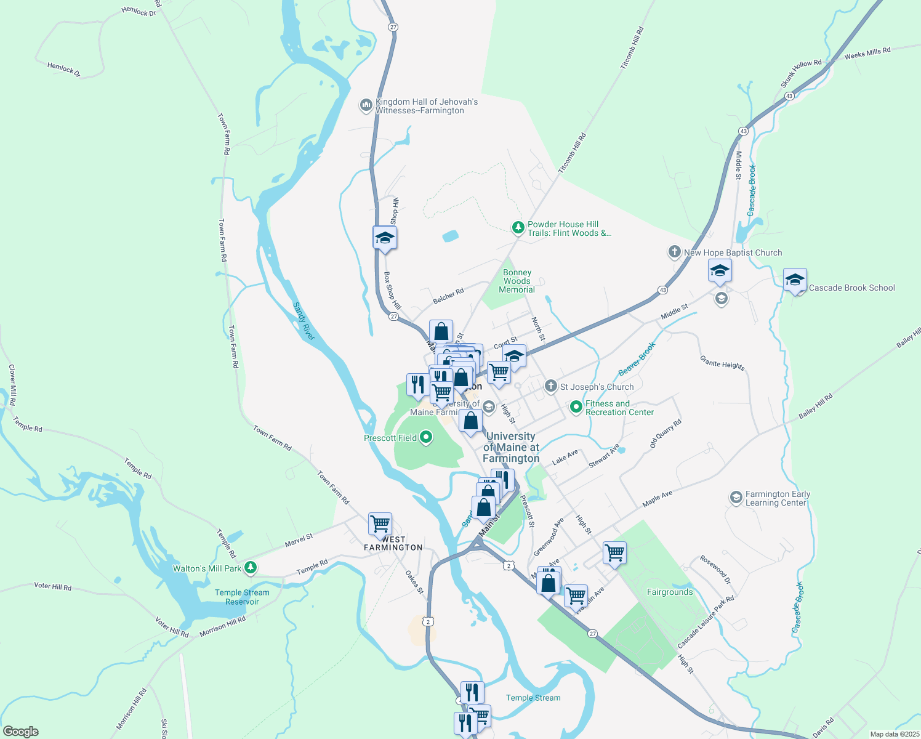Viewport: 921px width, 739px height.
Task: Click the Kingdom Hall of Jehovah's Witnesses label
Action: tap(426, 106)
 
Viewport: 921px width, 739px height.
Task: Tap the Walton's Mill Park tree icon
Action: tap(250, 568)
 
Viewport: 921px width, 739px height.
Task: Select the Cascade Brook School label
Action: tap(851, 288)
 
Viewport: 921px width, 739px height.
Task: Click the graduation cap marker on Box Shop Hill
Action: tap(385, 238)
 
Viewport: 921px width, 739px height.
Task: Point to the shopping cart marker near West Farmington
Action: tap(380, 524)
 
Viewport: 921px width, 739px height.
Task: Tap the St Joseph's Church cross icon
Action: tap(551, 387)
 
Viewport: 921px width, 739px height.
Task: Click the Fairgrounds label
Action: tap(670, 592)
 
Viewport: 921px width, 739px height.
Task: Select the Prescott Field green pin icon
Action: tap(425, 438)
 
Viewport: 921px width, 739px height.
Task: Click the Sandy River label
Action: tap(304, 321)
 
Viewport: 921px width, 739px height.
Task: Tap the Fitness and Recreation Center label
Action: tap(619, 408)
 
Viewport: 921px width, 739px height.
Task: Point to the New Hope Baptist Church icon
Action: tap(675, 252)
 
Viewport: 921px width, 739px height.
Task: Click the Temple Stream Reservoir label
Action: tap(242, 597)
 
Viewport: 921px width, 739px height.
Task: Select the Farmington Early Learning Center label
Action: tap(778, 498)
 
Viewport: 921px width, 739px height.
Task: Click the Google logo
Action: tap(20, 732)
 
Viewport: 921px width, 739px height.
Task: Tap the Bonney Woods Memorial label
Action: tap(517, 281)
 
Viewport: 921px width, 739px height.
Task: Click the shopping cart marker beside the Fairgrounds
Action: tap(614, 552)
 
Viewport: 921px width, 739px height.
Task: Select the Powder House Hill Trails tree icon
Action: tap(518, 228)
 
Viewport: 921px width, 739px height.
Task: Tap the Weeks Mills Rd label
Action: tap(867, 54)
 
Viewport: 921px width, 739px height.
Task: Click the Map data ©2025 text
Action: tap(895, 734)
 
